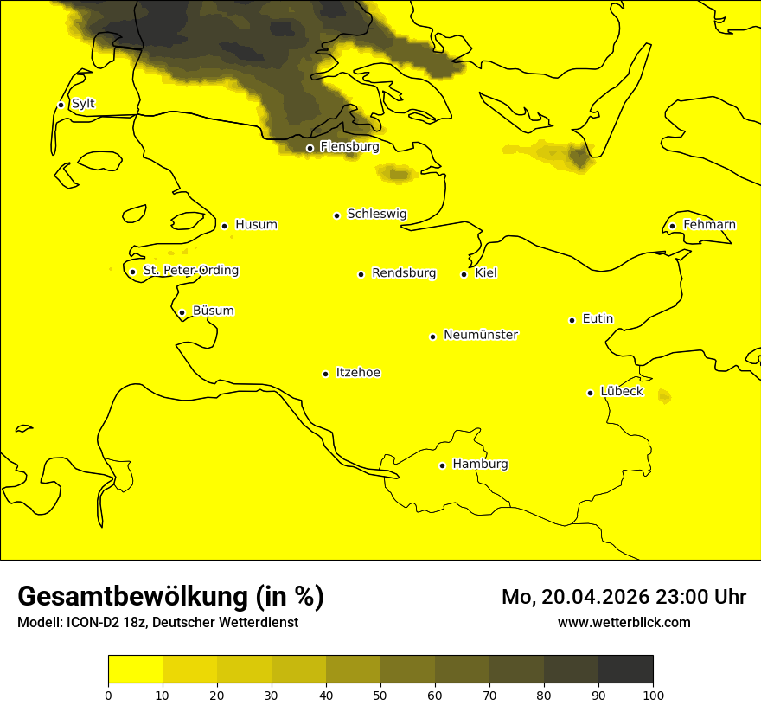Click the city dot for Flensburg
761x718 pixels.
point(310,148)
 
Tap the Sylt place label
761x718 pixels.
point(83,104)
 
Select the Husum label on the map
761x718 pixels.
point(256,225)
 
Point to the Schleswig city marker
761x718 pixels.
point(336,215)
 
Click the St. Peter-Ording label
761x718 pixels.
point(190,271)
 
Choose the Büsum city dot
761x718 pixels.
point(182,312)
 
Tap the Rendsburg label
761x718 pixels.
point(404,273)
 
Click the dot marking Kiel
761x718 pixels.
point(464,274)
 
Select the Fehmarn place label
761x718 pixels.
point(709,225)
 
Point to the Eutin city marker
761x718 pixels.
point(572,320)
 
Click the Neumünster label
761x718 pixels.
point(481,335)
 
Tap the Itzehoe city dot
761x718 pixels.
point(325,374)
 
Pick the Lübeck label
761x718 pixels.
point(621,392)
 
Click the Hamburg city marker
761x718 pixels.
point(442,465)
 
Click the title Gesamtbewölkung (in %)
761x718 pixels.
point(170,597)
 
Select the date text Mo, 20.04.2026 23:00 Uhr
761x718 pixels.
point(624,597)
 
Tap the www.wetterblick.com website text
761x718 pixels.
point(624,622)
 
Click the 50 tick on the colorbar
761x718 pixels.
point(380,695)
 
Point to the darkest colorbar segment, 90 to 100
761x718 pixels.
point(625,669)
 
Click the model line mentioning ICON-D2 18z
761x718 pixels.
point(157,623)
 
